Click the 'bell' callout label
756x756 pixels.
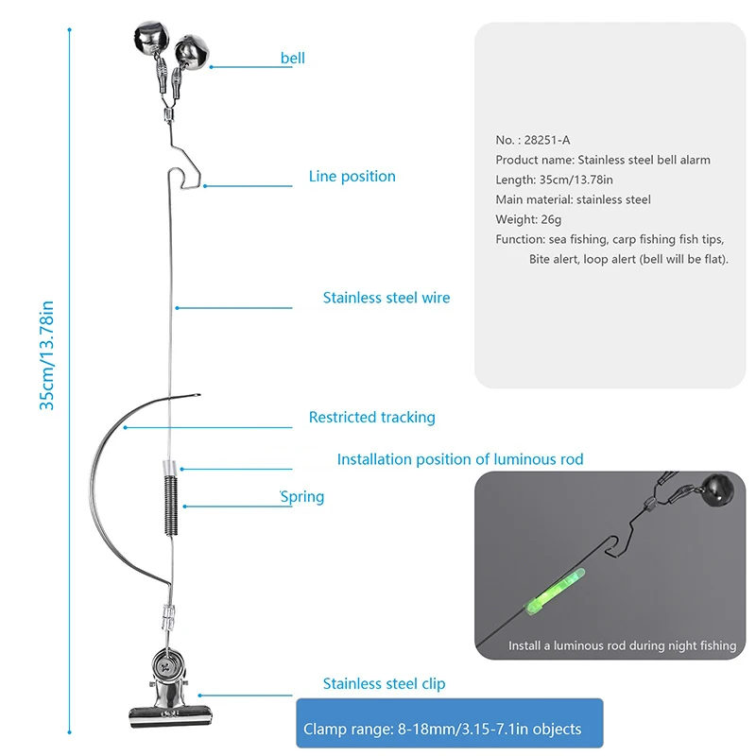click(x=292, y=59)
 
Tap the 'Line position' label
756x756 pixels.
click(x=352, y=177)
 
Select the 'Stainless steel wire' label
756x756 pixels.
click(x=386, y=298)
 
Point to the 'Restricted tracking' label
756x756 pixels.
click(x=371, y=417)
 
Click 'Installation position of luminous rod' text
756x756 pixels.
click(x=459, y=459)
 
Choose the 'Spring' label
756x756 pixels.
click(x=302, y=497)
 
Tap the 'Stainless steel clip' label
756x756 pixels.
click(x=384, y=683)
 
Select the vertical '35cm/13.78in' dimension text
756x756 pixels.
click(x=46, y=354)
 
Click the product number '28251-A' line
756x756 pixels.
click(x=533, y=140)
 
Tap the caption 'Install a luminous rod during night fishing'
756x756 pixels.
click(x=622, y=645)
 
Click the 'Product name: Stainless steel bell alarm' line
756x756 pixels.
click(x=603, y=160)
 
